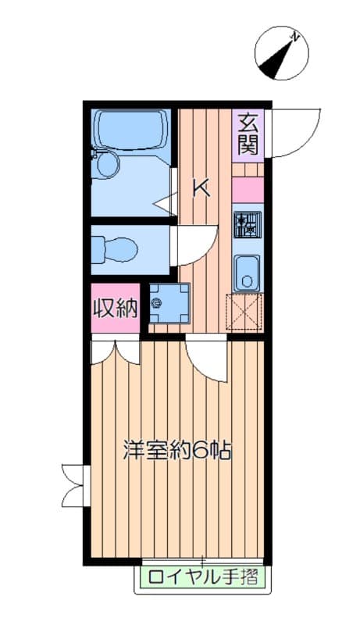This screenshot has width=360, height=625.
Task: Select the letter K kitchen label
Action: click(x=201, y=187)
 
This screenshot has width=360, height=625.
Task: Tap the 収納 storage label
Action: click(x=116, y=308)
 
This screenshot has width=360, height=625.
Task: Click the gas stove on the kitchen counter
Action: click(x=248, y=224)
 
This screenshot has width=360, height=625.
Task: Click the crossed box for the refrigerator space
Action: click(x=245, y=314)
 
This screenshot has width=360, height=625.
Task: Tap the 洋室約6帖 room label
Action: click(x=179, y=451)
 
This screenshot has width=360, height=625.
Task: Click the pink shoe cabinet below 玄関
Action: click(x=248, y=191)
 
